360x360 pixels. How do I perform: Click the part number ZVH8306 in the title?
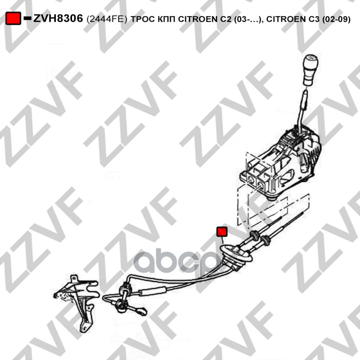[58, 18]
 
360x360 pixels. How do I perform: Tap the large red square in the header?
[13, 18]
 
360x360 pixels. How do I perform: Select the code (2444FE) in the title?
[107, 19]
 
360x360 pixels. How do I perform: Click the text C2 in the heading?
[226, 19]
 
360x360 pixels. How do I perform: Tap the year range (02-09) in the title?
[336, 19]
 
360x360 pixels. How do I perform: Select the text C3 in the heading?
[314, 19]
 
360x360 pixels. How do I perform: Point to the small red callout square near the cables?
[222, 231]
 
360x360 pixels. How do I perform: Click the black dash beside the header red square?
[27, 18]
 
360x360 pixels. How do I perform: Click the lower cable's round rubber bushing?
[266, 241]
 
